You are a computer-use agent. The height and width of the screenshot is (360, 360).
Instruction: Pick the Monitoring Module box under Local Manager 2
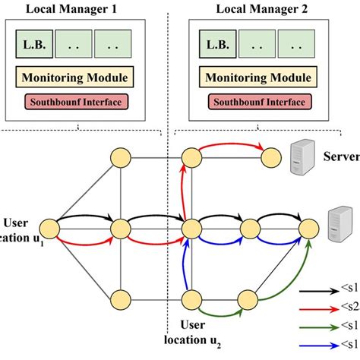(257, 77)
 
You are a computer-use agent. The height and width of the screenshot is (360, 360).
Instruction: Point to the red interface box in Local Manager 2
(257, 101)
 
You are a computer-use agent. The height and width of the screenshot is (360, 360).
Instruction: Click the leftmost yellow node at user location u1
(50, 226)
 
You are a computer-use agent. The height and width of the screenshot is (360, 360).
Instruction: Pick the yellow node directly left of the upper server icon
(270, 158)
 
